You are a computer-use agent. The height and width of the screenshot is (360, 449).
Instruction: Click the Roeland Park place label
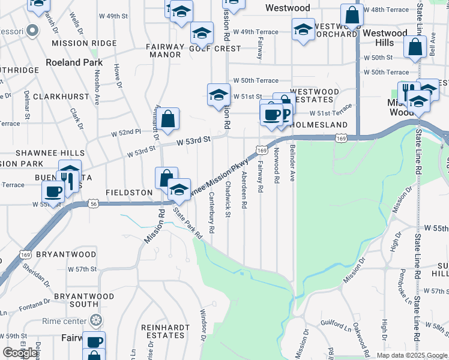pyautogui.click(x=74, y=62)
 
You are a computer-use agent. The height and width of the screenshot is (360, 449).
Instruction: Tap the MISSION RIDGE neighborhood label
pyautogui.click(x=84, y=43)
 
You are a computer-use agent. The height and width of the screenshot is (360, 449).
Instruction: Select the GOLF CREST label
pyautogui.click(x=206, y=48)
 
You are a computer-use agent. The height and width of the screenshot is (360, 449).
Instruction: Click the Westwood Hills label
pyautogui.click(x=385, y=38)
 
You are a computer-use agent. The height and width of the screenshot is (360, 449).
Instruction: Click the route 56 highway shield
pyautogui.click(x=94, y=204)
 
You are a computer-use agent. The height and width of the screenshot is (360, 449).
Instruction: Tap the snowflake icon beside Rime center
pyautogui.click(x=94, y=320)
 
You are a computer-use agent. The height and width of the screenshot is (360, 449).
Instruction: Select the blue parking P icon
pyautogui.click(x=285, y=113)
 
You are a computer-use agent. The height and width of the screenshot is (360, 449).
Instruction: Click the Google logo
pyautogui.click(x=20, y=353)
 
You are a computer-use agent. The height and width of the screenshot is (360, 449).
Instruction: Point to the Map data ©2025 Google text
pyautogui.click(x=412, y=355)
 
